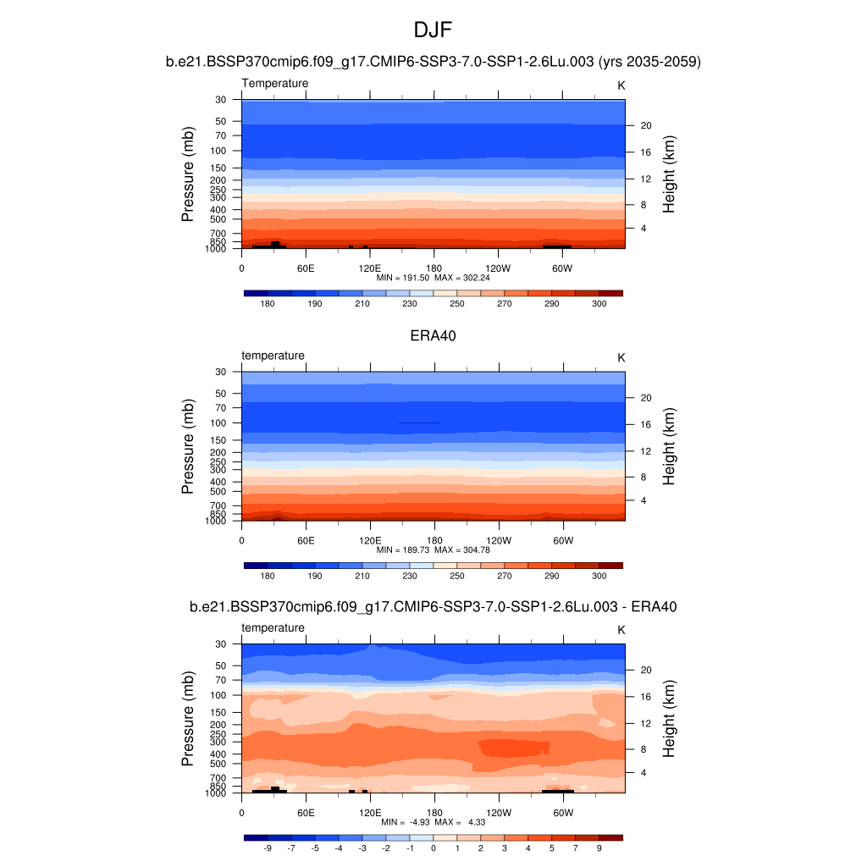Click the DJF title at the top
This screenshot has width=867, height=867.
click(x=433, y=31)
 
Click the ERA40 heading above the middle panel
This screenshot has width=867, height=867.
click(x=433, y=335)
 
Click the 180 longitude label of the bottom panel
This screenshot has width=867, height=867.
click(x=433, y=812)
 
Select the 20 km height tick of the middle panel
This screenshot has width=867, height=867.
click(x=644, y=398)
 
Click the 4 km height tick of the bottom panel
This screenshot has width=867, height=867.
click(x=643, y=773)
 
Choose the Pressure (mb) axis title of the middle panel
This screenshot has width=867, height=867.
click(x=188, y=446)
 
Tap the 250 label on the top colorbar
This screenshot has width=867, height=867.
click(x=457, y=304)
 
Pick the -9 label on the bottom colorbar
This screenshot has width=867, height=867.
click(x=268, y=848)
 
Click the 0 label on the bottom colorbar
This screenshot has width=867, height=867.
click(x=433, y=848)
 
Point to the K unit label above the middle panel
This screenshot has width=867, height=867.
click(x=621, y=357)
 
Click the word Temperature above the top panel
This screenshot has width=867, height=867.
click(x=275, y=83)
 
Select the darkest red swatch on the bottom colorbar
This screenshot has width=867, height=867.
click(x=611, y=837)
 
